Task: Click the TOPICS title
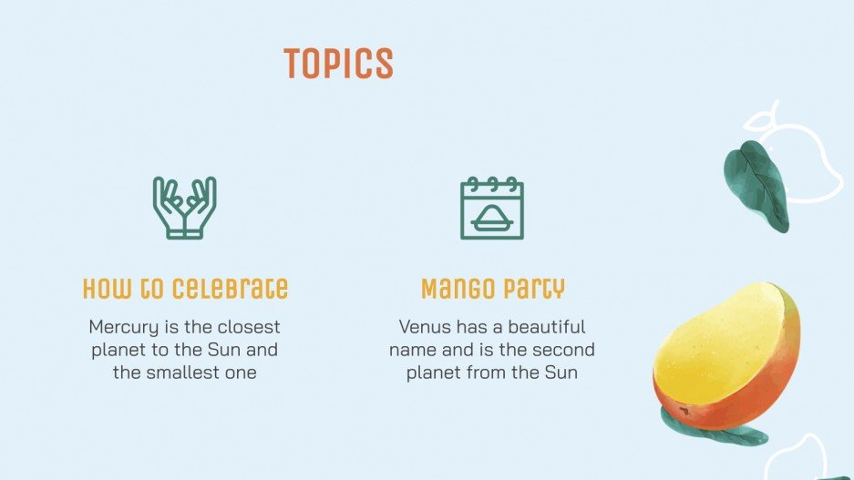click(x=338, y=64)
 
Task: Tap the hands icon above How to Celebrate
click(x=185, y=208)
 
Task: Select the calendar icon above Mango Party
click(x=492, y=208)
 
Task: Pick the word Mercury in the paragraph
click(x=123, y=326)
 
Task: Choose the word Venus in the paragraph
click(x=425, y=326)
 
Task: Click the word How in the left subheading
click(x=102, y=290)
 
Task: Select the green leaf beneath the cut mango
click(x=720, y=428)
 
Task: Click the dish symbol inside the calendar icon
click(x=492, y=216)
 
